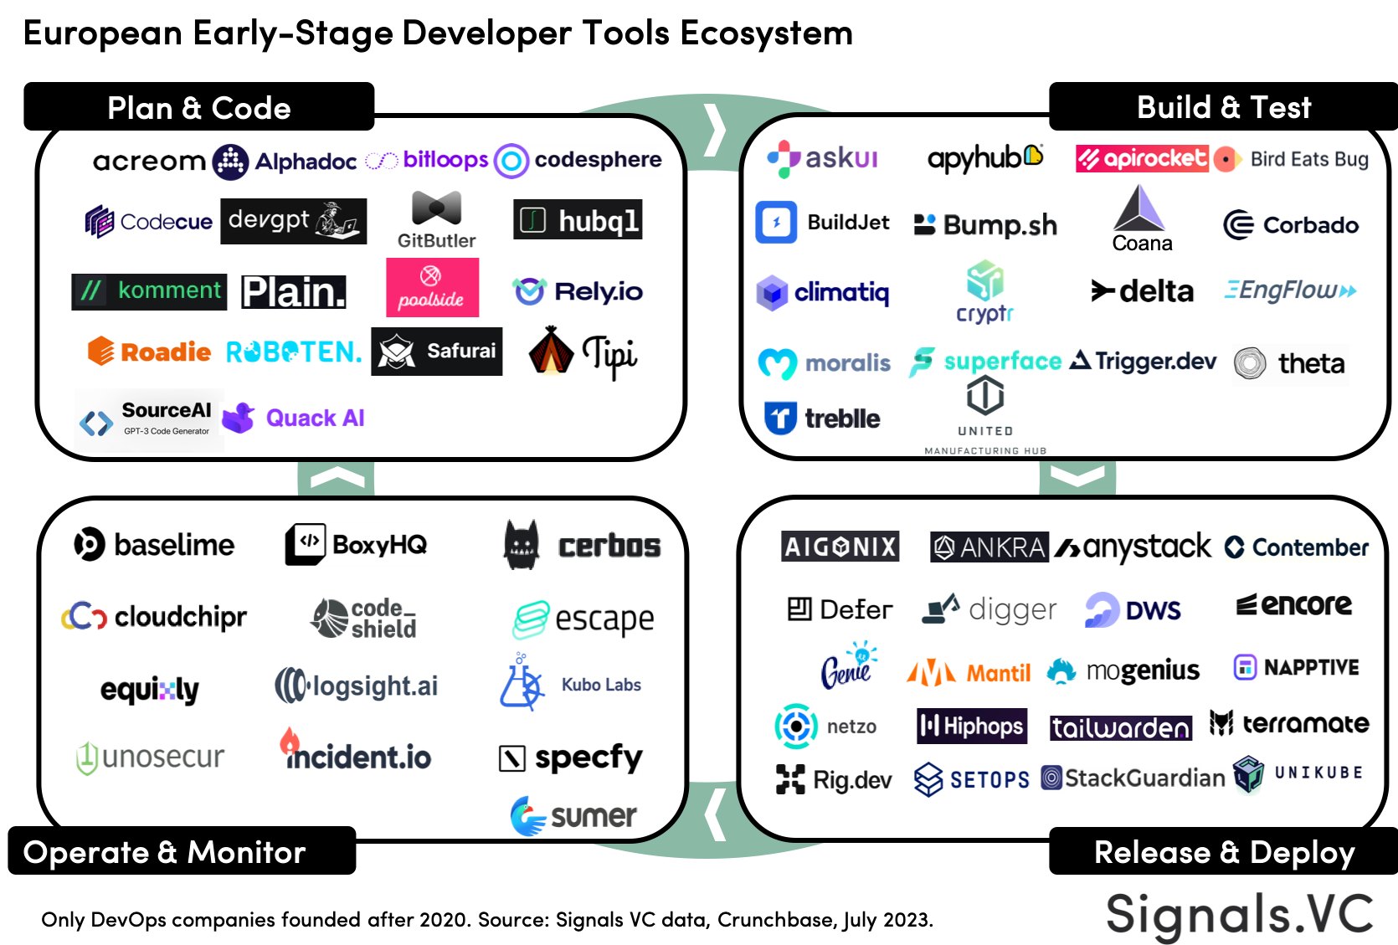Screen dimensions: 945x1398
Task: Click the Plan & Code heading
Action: pyautogui.click(x=199, y=109)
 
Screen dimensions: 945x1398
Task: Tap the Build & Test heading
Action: pyautogui.click(x=1223, y=108)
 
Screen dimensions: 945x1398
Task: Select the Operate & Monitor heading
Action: pyautogui.click(x=165, y=852)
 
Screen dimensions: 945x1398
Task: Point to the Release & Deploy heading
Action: pyautogui.click(x=1224, y=852)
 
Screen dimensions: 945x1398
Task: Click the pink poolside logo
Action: pyautogui.click(x=432, y=287)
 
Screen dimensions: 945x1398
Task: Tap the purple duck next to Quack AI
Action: pyautogui.click(x=239, y=418)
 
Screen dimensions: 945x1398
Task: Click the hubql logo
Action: pyautogui.click(x=578, y=220)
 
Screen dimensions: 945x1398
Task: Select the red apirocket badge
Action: pyautogui.click(x=1142, y=158)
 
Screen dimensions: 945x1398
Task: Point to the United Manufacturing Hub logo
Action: pyautogui.click(x=985, y=414)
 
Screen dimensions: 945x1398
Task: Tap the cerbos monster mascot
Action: pyautogui.click(x=522, y=545)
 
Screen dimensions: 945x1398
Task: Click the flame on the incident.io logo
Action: pyautogui.click(x=290, y=741)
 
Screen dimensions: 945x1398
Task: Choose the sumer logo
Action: pyautogui.click(x=574, y=815)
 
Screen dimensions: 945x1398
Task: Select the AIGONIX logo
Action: pyautogui.click(x=840, y=547)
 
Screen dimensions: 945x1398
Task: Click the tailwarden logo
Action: pyautogui.click(x=1120, y=727)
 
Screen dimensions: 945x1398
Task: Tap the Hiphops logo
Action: pyautogui.click(x=971, y=726)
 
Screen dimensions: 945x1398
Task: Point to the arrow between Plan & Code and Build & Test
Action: pyautogui.click(x=713, y=130)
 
